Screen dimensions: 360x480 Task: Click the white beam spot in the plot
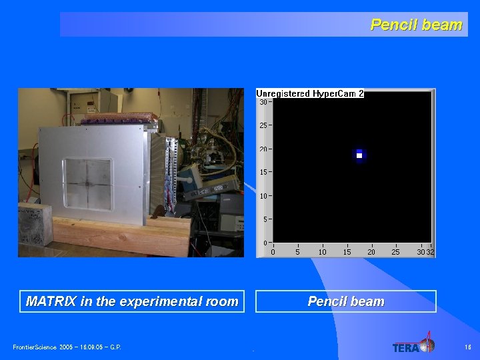(359, 155)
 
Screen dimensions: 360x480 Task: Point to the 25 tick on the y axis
(264, 125)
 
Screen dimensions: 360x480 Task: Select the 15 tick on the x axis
(347, 252)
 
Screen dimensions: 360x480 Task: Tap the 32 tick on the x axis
(431, 252)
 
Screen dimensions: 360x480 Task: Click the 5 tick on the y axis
(265, 219)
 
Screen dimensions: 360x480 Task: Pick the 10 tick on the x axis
(323, 252)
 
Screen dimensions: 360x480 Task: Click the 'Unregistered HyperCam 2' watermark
(310, 94)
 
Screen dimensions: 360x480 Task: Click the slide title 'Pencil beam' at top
(416, 25)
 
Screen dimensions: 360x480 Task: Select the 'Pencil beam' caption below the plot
(346, 301)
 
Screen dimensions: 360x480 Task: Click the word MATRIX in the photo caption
(51, 301)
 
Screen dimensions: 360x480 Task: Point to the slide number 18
(468, 347)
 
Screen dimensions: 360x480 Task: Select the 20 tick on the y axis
(264, 149)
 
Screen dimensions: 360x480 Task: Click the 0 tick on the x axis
(273, 252)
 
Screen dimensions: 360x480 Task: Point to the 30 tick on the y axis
(264, 102)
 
